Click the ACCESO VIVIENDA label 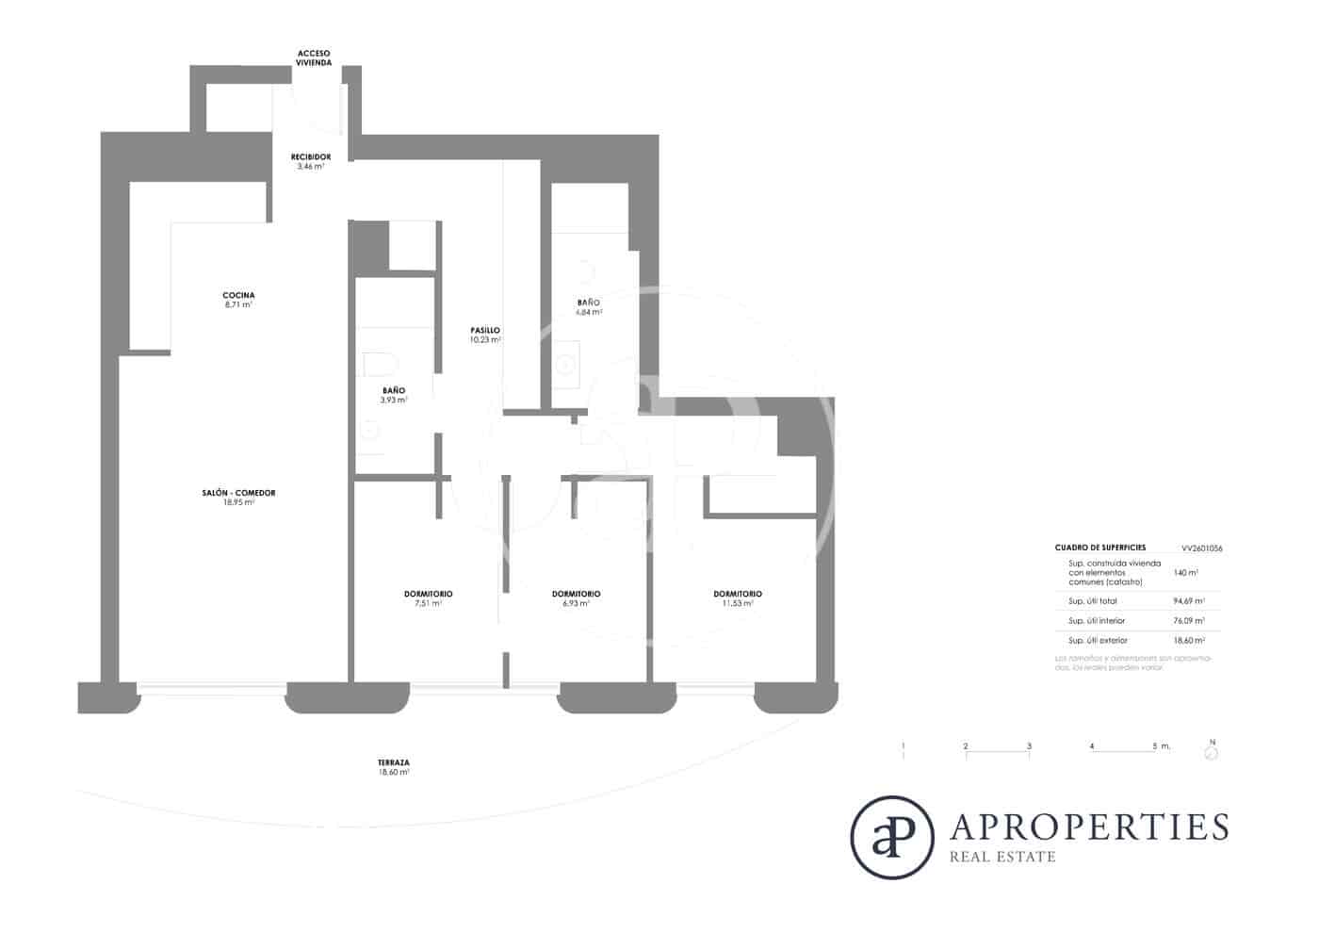click(314, 58)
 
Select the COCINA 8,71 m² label click(238, 300)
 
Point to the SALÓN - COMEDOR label click(238, 498)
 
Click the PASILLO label click(485, 335)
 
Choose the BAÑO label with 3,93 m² click(394, 395)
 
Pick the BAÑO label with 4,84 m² click(589, 307)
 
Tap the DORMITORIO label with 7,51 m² click(428, 598)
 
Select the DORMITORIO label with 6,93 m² click(576, 598)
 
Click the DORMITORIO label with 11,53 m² click(738, 598)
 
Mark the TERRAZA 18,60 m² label click(394, 767)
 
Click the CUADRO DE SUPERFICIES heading click(1100, 548)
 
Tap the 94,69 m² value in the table click(1189, 600)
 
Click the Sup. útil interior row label click(1097, 621)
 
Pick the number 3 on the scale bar click(1029, 746)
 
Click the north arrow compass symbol click(1212, 752)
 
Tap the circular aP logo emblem click(891, 837)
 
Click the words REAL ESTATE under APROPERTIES click(1003, 857)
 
